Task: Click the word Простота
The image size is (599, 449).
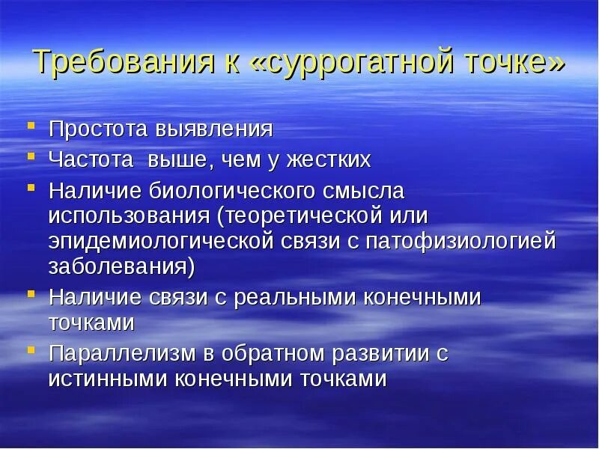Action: point(97,129)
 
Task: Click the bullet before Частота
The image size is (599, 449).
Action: point(31,158)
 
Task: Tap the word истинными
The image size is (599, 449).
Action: point(108,379)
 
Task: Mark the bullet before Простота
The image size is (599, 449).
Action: point(31,126)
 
